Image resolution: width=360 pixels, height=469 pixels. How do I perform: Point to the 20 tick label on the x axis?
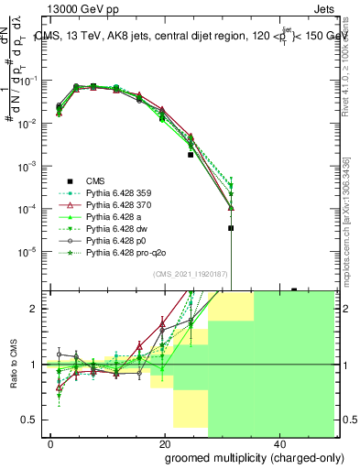[x=164, y=443]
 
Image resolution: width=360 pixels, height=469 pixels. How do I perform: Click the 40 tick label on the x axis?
[x=278, y=443]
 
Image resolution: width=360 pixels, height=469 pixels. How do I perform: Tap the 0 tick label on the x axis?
[x=50, y=443]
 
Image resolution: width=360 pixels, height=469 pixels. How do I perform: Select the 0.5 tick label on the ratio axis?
[x=30, y=420]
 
